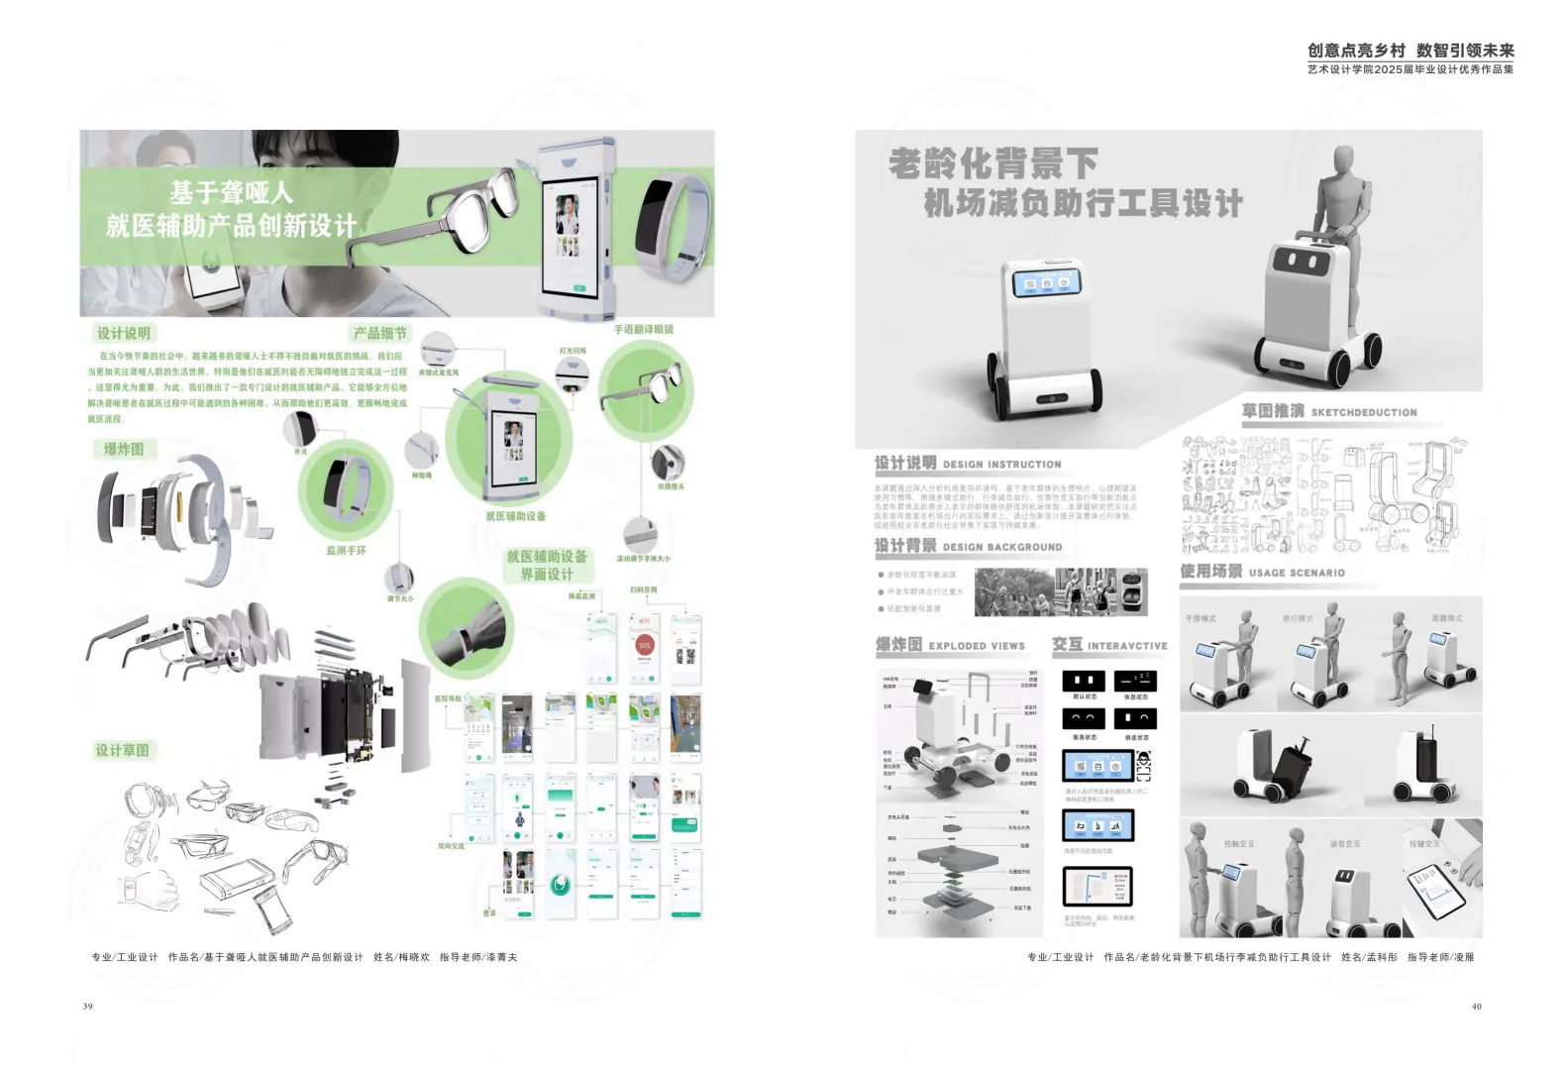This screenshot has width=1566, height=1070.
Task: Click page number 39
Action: (88, 1007)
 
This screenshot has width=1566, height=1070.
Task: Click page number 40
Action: (1476, 1007)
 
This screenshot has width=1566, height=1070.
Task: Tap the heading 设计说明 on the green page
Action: (124, 334)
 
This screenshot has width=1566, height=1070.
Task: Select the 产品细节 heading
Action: (380, 334)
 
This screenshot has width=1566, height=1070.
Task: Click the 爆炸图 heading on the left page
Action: (124, 450)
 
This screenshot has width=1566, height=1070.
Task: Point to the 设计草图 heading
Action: (123, 751)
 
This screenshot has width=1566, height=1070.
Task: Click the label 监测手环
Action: (347, 551)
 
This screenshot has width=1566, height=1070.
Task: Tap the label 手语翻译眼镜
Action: (644, 329)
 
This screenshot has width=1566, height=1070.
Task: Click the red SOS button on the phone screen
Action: (645, 646)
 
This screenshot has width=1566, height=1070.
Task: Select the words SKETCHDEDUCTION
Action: (1364, 413)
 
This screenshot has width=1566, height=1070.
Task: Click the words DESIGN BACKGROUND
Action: (1002, 547)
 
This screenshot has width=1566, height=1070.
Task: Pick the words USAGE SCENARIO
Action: (1297, 573)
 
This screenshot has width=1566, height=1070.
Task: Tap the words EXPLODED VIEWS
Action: (977, 646)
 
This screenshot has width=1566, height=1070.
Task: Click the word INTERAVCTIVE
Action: (1127, 646)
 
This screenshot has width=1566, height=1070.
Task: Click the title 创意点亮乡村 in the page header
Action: (1356, 51)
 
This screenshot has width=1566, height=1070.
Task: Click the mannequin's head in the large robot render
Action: (1344, 160)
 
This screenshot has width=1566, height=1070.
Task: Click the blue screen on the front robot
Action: (1046, 283)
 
